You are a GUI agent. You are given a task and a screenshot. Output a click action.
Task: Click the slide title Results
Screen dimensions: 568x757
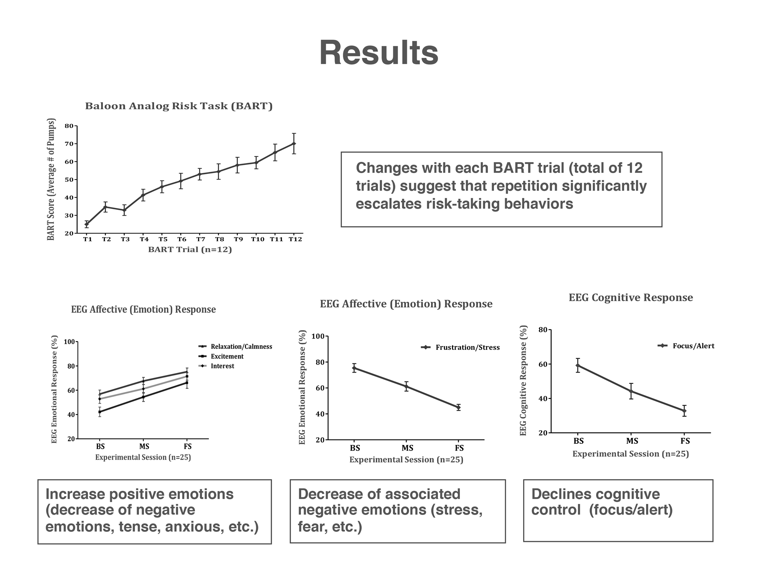click(378, 53)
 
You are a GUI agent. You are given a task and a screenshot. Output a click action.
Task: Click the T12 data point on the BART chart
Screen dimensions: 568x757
click(294, 144)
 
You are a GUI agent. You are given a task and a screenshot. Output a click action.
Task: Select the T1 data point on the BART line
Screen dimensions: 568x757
click(87, 224)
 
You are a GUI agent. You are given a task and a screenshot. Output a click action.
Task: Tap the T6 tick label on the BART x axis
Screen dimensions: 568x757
click(182, 239)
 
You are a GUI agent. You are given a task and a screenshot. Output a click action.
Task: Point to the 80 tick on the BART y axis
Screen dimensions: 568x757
click(69, 126)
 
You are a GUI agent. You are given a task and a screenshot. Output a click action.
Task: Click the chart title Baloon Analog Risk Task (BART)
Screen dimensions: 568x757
click(179, 106)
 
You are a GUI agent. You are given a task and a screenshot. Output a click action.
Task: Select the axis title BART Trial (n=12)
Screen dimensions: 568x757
click(190, 250)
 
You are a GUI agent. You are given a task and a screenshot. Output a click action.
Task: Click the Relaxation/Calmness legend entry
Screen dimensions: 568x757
click(241, 347)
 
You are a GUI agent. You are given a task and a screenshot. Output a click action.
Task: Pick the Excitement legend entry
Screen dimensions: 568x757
click(227, 357)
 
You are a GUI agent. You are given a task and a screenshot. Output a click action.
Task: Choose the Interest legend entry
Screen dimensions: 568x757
click(222, 366)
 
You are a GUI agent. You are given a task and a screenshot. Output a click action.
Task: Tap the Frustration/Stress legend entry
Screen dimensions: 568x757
click(467, 348)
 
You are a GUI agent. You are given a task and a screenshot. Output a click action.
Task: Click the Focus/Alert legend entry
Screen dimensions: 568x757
click(693, 346)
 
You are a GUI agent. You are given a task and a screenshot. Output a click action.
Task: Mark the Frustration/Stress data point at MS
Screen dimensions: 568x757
click(406, 387)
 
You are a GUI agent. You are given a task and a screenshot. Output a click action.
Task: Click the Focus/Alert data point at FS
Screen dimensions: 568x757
click(684, 411)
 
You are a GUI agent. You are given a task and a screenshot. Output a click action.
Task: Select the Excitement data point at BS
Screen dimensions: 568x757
click(100, 412)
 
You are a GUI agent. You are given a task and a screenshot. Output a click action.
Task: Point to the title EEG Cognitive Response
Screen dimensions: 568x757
click(631, 298)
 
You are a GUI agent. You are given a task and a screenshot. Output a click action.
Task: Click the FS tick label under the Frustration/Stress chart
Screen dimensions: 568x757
click(459, 448)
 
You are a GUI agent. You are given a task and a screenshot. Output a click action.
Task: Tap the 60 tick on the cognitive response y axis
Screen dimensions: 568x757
click(543, 364)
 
